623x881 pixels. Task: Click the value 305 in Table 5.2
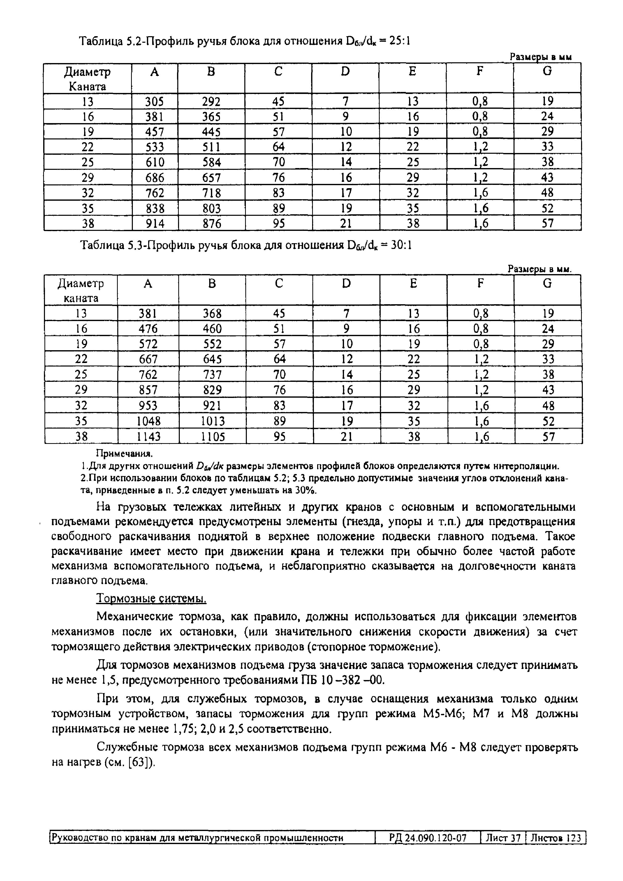155,101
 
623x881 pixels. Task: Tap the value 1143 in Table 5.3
148,437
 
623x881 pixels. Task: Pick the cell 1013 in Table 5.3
212,421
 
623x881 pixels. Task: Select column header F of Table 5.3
480,284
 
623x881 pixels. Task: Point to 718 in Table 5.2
211,193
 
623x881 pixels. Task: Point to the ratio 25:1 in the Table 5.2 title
399,41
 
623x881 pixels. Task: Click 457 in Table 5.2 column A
155,132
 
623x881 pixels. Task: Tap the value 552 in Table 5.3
212,344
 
